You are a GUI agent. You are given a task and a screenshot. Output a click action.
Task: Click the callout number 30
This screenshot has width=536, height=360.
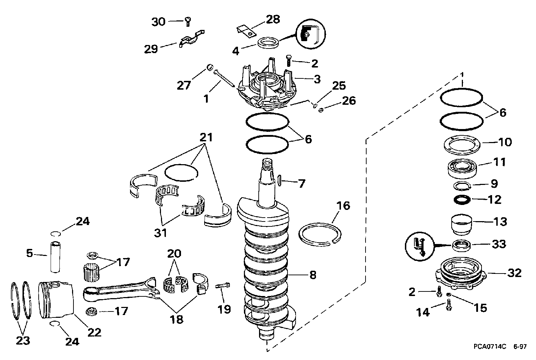point(159,22)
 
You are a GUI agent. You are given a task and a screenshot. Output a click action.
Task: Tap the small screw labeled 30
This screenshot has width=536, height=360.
point(188,22)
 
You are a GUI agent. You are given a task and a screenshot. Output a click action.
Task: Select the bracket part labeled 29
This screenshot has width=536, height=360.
point(192,38)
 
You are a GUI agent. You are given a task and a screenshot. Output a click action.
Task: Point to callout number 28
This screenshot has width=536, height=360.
point(273,19)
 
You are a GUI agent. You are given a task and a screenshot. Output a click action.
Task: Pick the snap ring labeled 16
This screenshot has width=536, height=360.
point(320,234)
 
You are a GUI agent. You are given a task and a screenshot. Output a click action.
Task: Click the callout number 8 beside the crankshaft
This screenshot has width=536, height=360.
point(313,275)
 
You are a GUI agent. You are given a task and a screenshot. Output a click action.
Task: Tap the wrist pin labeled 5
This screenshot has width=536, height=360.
point(55,257)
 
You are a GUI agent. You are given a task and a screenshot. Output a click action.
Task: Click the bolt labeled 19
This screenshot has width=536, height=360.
point(222,285)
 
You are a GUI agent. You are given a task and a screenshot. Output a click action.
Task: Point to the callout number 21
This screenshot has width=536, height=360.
point(206,137)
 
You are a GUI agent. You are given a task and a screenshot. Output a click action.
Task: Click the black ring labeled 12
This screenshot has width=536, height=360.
point(462,200)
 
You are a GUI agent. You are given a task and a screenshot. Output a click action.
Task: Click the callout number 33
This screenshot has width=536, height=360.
point(499,244)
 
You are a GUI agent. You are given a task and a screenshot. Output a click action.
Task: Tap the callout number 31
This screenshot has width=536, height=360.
point(160,233)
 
